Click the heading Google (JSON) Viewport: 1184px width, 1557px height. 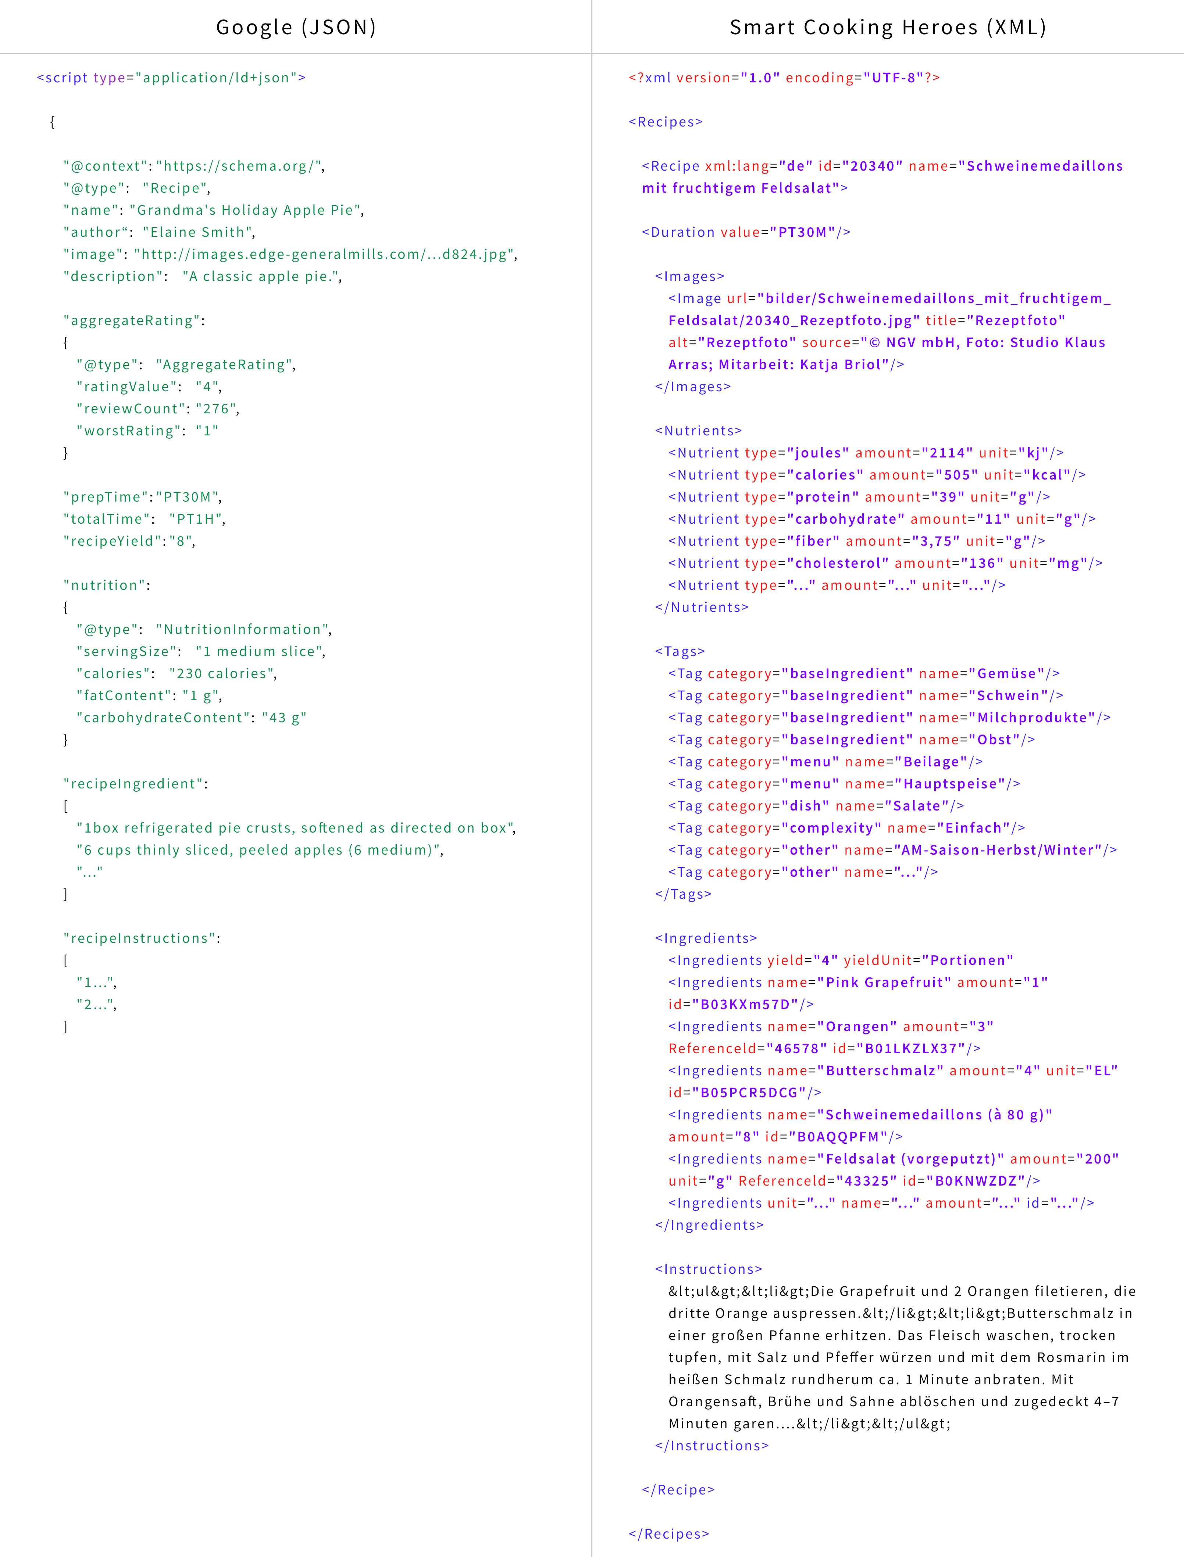point(296,28)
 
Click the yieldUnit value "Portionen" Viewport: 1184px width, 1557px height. point(968,961)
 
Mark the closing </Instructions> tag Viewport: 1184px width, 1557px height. point(712,1446)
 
